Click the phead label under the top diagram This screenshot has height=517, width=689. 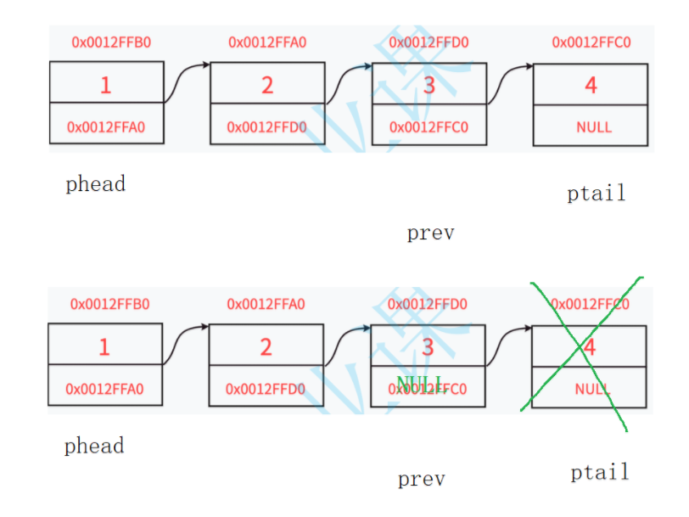(x=95, y=184)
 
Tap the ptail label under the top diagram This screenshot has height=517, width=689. (x=596, y=194)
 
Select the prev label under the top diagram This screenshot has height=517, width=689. (x=430, y=233)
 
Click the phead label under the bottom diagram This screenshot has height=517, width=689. (x=93, y=446)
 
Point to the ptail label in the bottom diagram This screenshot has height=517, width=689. (x=600, y=472)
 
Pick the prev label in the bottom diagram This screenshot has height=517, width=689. (x=422, y=480)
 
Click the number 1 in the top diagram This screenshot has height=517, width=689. (x=105, y=85)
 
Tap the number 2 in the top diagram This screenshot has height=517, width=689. (x=267, y=85)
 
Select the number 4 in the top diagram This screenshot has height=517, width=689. (x=591, y=85)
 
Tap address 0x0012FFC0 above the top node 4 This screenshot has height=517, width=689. (x=591, y=42)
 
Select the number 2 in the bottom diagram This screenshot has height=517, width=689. (x=266, y=346)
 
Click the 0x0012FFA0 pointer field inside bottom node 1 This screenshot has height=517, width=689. (x=104, y=389)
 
